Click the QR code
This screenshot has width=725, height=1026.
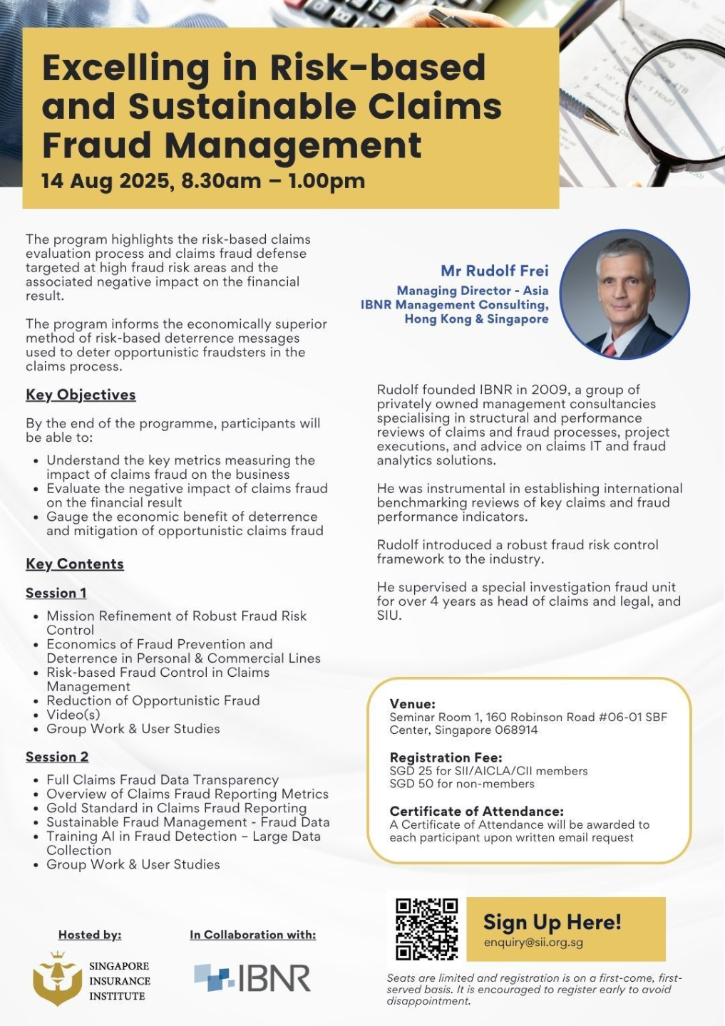(x=426, y=929)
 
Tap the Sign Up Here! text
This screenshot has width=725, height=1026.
(x=552, y=922)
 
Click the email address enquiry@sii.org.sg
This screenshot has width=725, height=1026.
(x=533, y=942)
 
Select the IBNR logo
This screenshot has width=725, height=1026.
(x=252, y=978)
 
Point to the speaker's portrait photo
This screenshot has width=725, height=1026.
(x=624, y=294)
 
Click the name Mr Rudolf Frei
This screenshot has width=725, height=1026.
(x=494, y=271)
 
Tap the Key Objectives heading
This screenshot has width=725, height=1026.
(x=81, y=395)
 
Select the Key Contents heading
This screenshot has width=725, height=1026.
(x=75, y=564)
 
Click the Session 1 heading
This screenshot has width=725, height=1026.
(x=56, y=593)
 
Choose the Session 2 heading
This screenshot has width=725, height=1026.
(x=57, y=757)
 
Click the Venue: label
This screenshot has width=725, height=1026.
(x=412, y=704)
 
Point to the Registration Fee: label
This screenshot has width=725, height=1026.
(x=446, y=757)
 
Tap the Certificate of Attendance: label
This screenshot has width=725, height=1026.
(x=476, y=811)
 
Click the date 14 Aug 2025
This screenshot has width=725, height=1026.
(x=105, y=181)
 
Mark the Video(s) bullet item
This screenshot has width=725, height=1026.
(x=73, y=715)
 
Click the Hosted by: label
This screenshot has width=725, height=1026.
(x=90, y=935)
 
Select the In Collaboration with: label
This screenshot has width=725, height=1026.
(x=252, y=935)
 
